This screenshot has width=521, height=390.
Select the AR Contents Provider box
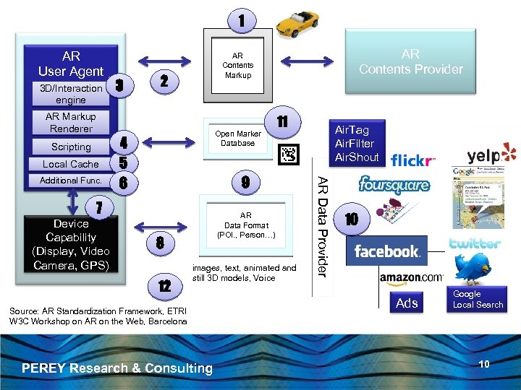click(410, 62)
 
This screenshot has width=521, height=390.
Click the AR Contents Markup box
click(237, 64)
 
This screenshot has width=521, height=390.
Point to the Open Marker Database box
click(238, 138)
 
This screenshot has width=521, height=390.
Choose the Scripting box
click(71, 147)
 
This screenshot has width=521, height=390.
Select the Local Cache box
click(71, 164)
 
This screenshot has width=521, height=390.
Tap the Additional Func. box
click(71, 181)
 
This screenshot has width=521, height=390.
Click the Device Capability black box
click(71, 244)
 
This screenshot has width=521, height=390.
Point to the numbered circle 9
click(245, 183)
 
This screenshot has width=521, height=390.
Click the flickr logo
click(413, 160)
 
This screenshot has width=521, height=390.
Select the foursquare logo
click(394, 185)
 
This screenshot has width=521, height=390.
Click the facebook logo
click(387, 251)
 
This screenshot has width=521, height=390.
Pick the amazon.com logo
click(410, 277)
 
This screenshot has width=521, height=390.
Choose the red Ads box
click(407, 302)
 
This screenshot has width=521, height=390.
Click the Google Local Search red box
click(478, 299)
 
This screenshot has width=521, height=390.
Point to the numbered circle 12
click(164, 287)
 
